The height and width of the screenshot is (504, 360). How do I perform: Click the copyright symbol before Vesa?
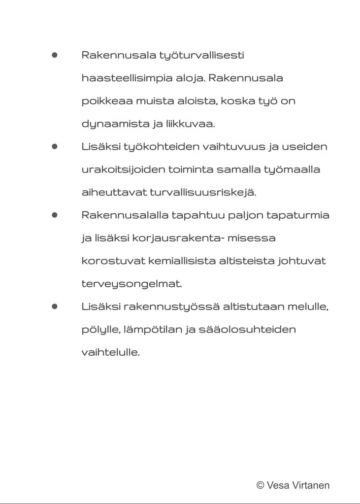(261, 485)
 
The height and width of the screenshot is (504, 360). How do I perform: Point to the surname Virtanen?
(311, 485)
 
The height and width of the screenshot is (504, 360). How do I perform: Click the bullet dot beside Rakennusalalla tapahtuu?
(55, 215)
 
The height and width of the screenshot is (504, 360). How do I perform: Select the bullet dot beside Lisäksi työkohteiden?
(55, 147)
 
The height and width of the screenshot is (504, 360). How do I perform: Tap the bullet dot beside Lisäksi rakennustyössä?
(55, 306)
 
